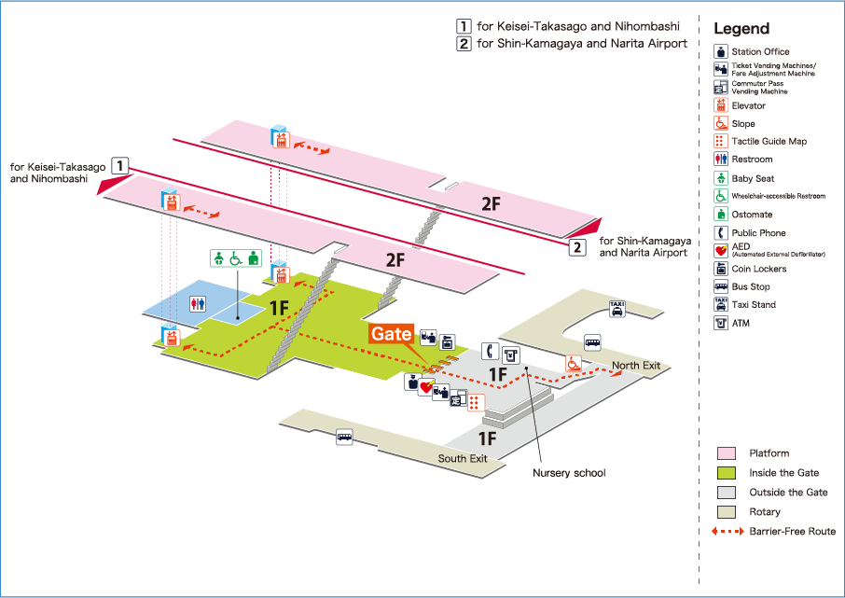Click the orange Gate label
coord(392,334)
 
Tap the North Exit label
coord(636,366)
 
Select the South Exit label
coord(463,458)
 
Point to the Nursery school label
coord(569,473)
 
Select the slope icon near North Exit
coord(572,363)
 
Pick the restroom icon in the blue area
coord(198,302)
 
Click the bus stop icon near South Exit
coord(344,436)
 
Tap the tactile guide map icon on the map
coord(475,402)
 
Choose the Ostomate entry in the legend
coord(751,215)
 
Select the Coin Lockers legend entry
coord(758,269)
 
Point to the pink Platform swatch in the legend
coord(726,453)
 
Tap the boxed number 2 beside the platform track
coord(578,247)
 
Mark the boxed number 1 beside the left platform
coord(119,166)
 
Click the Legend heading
coord(741,29)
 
